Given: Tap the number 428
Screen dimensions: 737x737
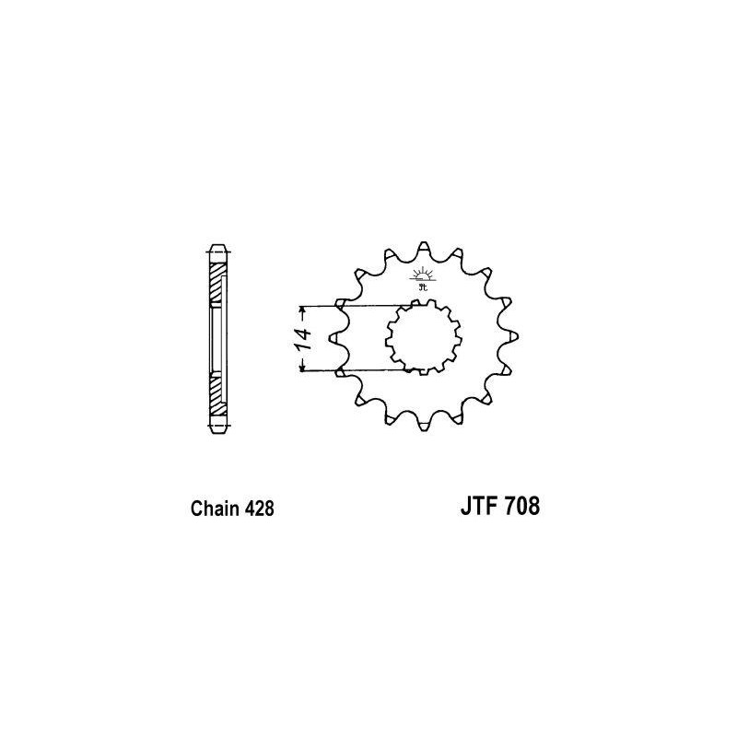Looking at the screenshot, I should point(257,508).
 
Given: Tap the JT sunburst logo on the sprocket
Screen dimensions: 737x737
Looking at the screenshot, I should point(423,277).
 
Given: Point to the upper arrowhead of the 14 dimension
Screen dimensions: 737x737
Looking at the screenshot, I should point(301,310).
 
